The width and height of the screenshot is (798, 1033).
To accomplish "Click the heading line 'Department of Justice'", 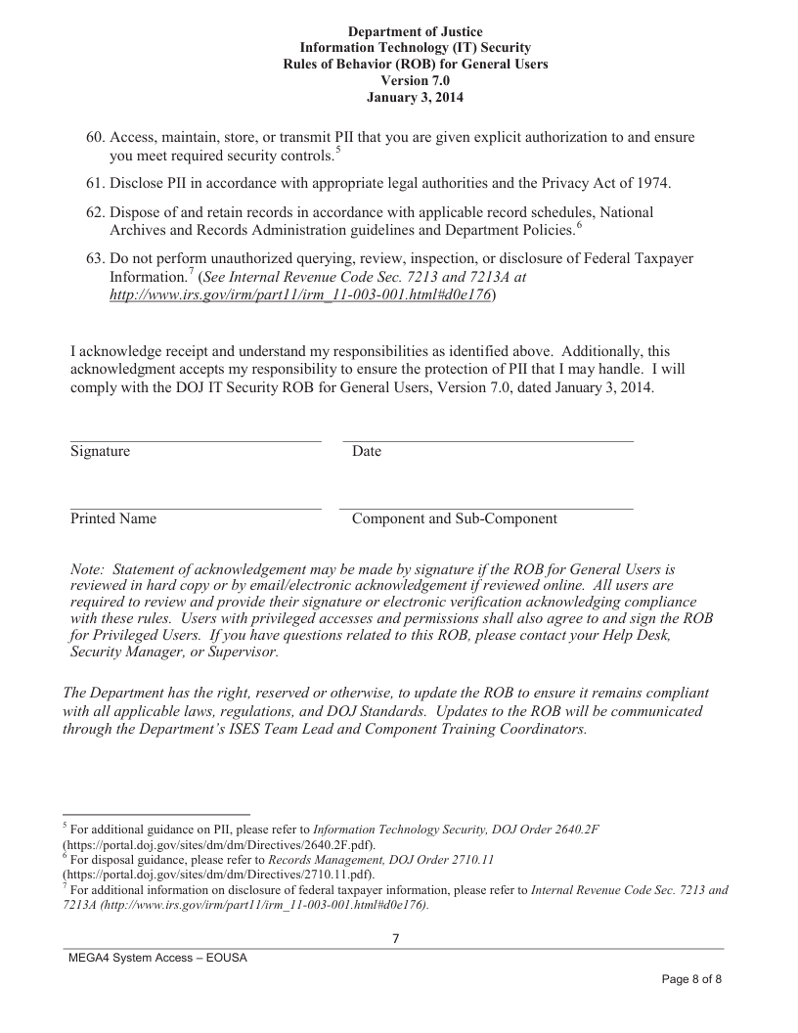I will pos(415,32).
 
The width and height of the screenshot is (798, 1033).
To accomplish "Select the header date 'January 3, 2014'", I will pos(415,97).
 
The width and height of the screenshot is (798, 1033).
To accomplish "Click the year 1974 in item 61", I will pos(654,183).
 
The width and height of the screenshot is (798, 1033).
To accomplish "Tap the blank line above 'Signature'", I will pos(196,441).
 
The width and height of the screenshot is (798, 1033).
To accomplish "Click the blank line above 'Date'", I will pos(487,441).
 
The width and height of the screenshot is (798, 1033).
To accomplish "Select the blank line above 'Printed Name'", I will pos(196,509).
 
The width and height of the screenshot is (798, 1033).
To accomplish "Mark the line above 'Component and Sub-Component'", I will pos(486,509).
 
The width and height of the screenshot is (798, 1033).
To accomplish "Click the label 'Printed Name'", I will pos(113,519).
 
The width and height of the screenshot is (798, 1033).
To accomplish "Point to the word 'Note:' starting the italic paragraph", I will pos(88,569).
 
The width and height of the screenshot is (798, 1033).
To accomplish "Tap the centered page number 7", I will pos(396,939).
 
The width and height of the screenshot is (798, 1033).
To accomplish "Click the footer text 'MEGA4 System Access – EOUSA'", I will pos(157,958).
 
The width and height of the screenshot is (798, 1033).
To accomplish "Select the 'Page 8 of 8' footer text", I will pos(691,979).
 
